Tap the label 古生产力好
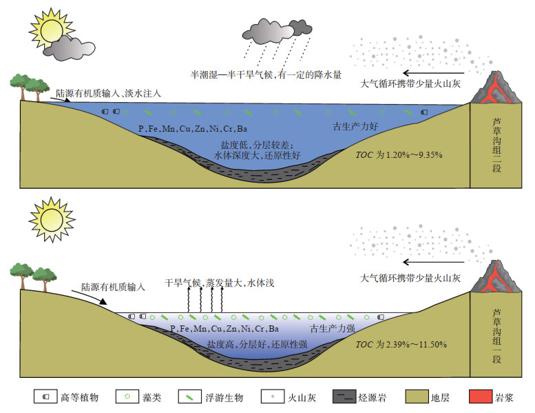point(355,127)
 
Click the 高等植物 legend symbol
point(45,397)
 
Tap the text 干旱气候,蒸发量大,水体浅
point(220,283)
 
